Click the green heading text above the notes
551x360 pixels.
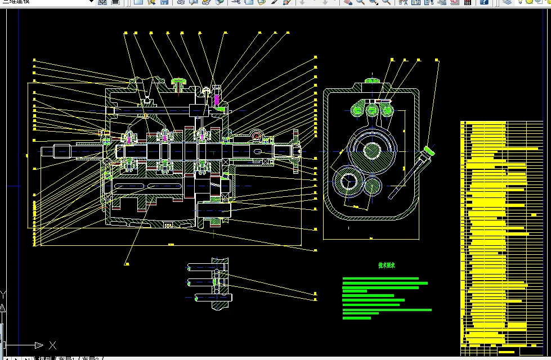(x=386, y=265)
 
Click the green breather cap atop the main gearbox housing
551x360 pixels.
(x=180, y=83)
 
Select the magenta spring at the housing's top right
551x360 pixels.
(x=217, y=98)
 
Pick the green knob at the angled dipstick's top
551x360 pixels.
(x=429, y=151)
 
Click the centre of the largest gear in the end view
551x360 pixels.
(x=371, y=150)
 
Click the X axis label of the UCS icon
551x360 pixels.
(x=52, y=345)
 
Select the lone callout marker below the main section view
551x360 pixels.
(x=127, y=263)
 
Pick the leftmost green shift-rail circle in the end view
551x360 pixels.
(x=357, y=110)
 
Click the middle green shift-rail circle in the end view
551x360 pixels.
(x=372, y=109)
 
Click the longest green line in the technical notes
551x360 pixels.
(x=387, y=310)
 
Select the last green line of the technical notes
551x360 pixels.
(x=357, y=318)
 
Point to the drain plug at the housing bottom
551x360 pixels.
(x=167, y=226)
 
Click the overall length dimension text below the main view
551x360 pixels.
(x=171, y=245)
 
